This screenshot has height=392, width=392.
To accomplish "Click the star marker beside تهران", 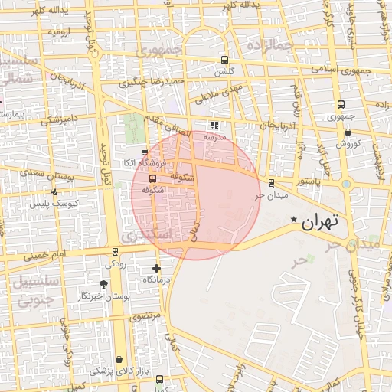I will [293, 220].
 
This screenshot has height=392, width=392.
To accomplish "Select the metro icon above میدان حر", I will [272, 183].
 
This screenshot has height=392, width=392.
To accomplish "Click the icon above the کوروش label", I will [348, 132].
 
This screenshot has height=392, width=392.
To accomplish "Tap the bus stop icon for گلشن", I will [224, 60].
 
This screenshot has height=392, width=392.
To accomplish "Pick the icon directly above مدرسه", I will [214, 125].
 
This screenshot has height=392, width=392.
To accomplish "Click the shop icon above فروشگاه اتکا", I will [145, 152].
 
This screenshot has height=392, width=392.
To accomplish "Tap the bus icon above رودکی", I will [116, 251].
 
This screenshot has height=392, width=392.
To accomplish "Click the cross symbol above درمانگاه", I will [157, 268].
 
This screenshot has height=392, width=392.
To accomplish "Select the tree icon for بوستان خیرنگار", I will [104, 284].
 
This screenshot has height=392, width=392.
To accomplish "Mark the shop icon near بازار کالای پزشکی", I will [119, 359].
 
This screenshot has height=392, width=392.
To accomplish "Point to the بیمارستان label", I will [17, 113].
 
